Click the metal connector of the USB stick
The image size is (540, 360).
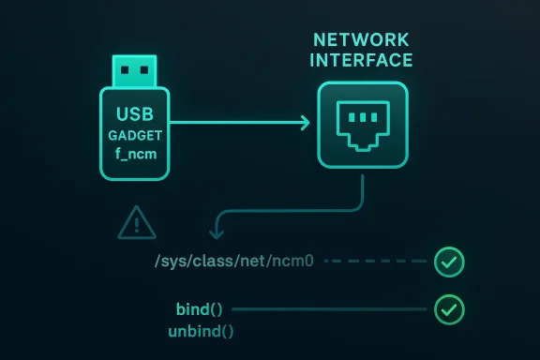136,69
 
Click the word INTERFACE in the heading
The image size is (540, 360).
362,61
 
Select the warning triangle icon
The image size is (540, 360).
138,223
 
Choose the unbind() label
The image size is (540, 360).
201,330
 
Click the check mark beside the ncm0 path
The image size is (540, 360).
449,263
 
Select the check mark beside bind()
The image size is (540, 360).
449,308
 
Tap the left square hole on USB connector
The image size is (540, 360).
126,69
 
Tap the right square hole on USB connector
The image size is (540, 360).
146,69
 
